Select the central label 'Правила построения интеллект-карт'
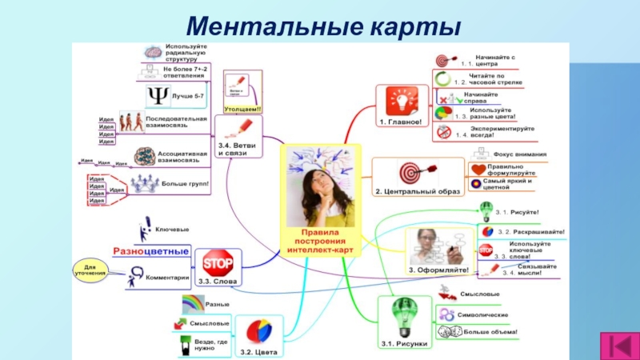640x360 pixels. [x=319, y=241]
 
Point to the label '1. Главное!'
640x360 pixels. [x=399, y=122]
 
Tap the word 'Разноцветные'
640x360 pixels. [x=150, y=251]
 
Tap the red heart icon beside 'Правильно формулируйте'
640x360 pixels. [x=478, y=170]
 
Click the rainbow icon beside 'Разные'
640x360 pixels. [x=193, y=304]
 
